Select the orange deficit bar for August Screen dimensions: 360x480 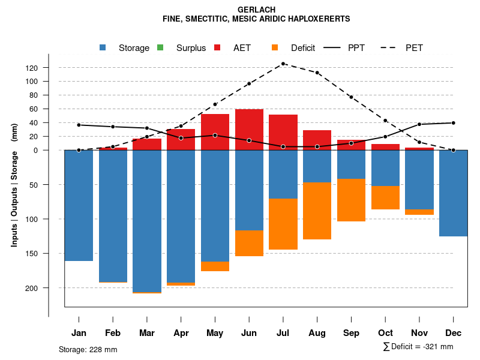pos(317,211)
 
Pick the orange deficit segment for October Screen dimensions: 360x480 pos(385,197)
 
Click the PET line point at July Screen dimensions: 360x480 pos(283,64)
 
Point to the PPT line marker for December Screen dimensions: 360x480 pos(454,123)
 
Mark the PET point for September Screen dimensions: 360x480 pos(351,97)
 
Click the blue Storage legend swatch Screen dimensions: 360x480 pos(103,48)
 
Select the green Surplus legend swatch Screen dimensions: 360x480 pos(160,48)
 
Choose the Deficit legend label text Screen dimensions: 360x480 pos(303,48)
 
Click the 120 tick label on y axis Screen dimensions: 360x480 pos(49,68)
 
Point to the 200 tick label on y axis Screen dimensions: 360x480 pos(49,288)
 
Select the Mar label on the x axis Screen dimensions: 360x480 pos(146,333)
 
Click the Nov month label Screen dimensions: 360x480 pos(419,333)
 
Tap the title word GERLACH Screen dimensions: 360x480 pos(256,10)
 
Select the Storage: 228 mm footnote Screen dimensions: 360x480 pos(88,349)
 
